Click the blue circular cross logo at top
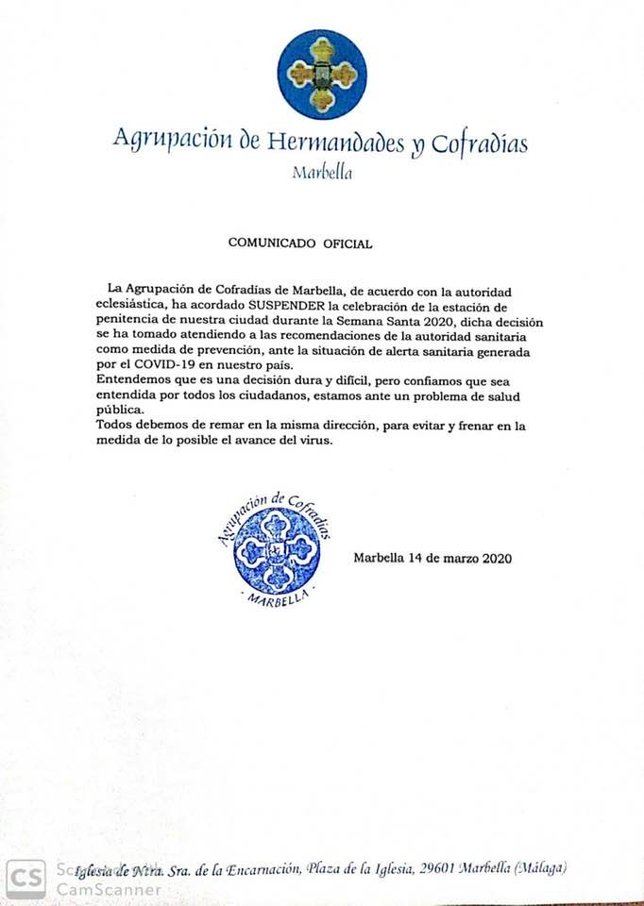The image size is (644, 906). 321,75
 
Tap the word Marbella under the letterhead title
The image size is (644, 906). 322,173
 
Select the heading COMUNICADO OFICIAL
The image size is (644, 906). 300,243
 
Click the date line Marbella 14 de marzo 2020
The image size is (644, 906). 432,558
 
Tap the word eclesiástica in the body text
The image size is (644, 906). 131,306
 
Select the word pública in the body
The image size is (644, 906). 120,411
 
